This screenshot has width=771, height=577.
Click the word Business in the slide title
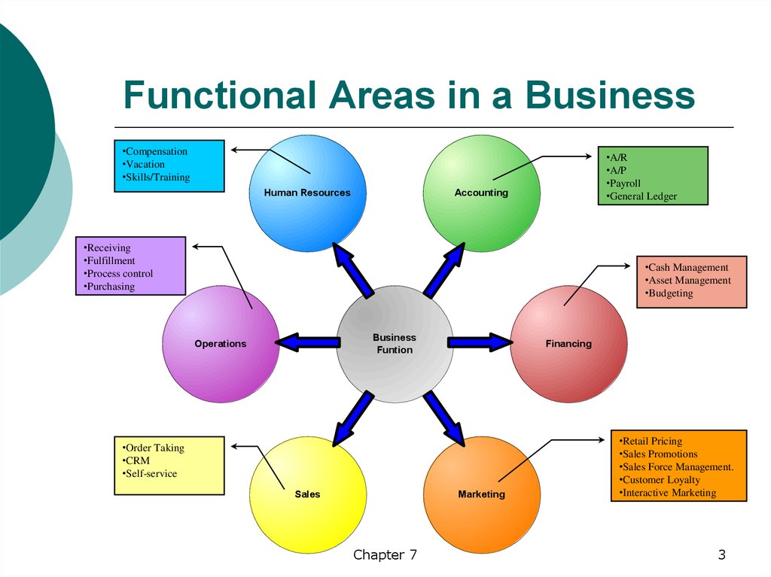610,96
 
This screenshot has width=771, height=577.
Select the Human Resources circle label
307,193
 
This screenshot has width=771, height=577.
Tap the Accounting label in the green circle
481,193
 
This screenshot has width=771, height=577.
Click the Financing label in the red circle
568,344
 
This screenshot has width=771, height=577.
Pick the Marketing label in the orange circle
481,494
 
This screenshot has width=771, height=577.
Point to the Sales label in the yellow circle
307,494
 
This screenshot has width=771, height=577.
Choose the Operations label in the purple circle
220,344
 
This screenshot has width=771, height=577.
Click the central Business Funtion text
395,344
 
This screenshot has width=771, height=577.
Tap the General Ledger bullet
640,196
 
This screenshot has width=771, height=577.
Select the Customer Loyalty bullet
660,480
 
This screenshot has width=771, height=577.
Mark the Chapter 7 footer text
385,555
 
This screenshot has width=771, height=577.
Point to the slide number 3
721,555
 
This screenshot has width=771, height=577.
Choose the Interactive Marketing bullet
668,493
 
